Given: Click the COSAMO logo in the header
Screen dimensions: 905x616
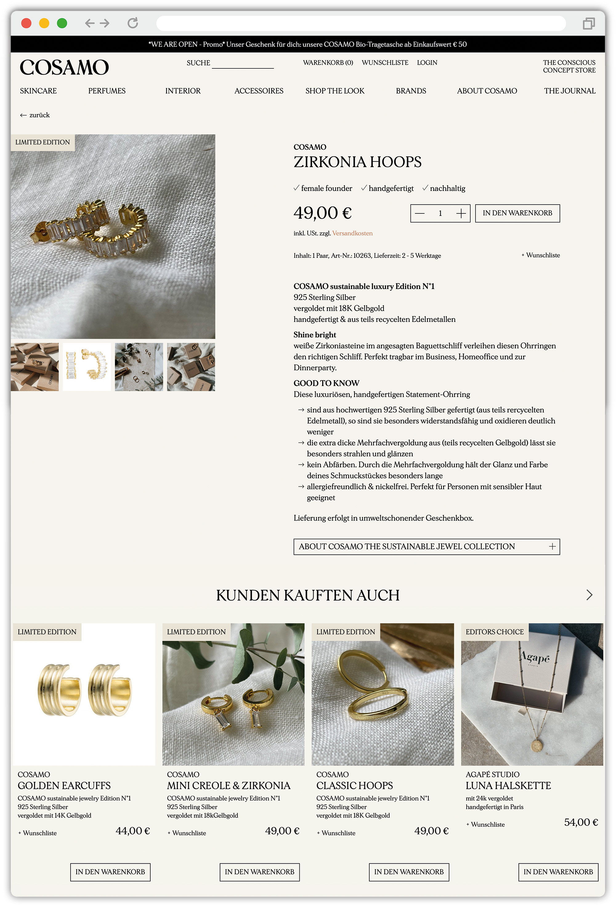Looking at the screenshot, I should tap(64, 67).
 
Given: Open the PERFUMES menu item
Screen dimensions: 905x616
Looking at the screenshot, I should tap(107, 91).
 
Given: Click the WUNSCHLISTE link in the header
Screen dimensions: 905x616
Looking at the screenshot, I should tap(385, 63).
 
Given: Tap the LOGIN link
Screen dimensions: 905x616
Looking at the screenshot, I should tap(427, 63).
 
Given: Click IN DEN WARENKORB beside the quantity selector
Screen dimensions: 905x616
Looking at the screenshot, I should tap(517, 213).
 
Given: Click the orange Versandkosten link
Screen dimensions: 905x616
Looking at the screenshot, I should tap(352, 233).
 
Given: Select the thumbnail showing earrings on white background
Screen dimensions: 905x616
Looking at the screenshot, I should tap(87, 367).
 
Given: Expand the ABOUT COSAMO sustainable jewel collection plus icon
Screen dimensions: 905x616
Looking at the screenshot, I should tap(552, 547).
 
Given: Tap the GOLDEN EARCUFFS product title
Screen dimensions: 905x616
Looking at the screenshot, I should tap(64, 785).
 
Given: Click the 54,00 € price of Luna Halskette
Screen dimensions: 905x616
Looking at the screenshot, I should tap(581, 822).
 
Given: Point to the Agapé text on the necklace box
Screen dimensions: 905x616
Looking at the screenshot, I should tap(535, 657).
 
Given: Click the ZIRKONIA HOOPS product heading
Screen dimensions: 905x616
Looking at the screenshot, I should tap(357, 162).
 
